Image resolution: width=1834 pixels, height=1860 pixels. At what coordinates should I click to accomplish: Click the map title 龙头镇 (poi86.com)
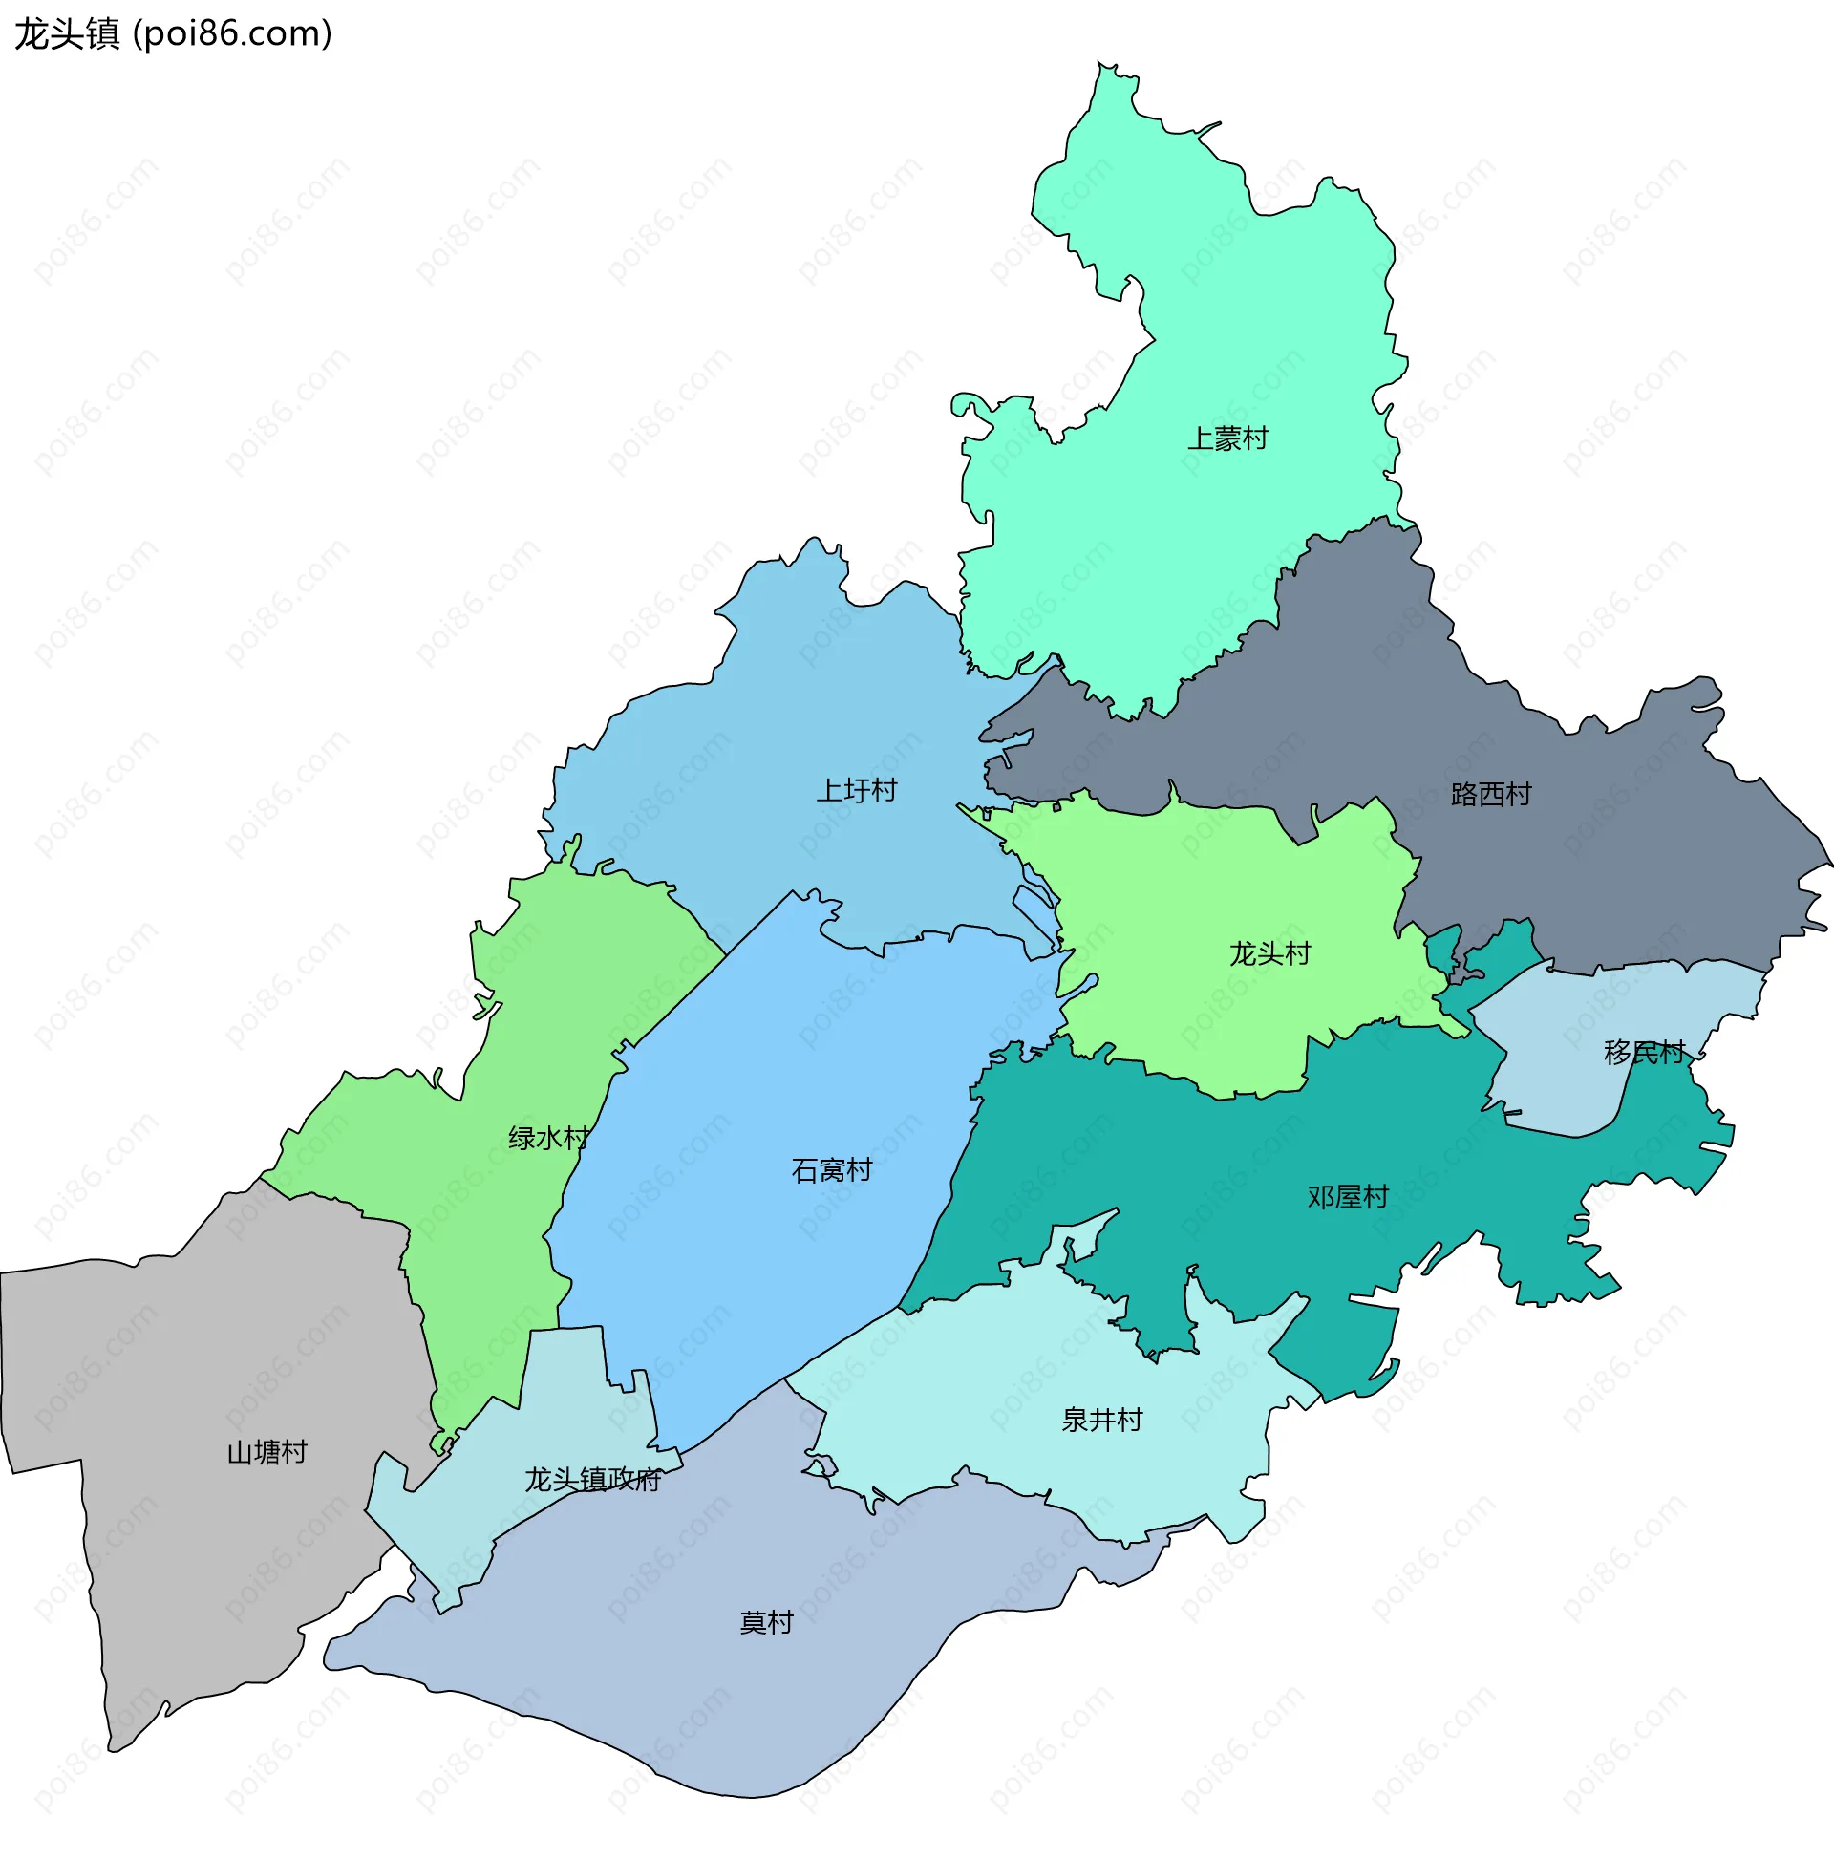[x=173, y=34]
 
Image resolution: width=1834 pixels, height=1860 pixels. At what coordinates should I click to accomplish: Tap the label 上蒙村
[x=1227, y=439]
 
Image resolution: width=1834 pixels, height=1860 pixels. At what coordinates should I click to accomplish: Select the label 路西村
[x=1490, y=794]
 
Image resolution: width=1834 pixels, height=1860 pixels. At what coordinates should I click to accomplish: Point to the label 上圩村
[x=857, y=790]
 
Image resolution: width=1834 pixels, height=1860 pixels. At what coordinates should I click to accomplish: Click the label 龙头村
[x=1269, y=953]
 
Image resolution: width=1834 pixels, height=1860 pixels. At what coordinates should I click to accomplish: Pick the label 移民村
[x=1643, y=1052]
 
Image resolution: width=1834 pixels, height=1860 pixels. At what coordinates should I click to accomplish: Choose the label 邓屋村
[x=1348, y=1197]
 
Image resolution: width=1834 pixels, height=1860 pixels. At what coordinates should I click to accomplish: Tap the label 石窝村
[x=832, y=1169]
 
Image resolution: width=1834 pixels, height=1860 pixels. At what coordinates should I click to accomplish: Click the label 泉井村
[x=1101, y=1419]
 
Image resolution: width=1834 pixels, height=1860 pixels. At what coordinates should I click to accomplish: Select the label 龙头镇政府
[x=593, y=1480]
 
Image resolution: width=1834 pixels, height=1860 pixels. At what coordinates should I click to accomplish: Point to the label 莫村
[x=766, y=1622]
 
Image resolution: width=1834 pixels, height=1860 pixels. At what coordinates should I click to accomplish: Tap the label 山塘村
[x=267, y=1452]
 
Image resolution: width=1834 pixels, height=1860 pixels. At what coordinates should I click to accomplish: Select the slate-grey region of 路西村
[x=1589, y=866]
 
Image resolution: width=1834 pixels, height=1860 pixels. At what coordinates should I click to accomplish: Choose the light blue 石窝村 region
[x=770, y=1059]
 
